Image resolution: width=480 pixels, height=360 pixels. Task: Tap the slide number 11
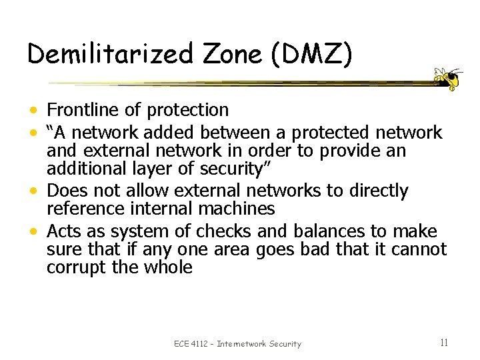point(444,343)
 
